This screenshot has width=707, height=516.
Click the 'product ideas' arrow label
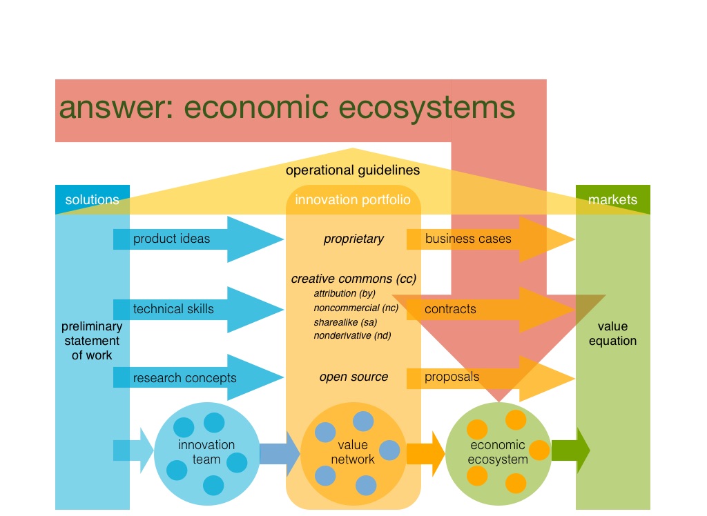[171, 239]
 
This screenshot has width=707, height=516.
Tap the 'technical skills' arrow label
[173, 308]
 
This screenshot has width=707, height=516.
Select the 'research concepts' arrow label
[184, 377]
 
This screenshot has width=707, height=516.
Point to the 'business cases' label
[468, 239]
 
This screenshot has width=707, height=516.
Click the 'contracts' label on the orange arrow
[450, 308]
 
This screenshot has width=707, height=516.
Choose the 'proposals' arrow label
[452, 377]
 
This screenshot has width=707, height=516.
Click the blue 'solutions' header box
[92, 200]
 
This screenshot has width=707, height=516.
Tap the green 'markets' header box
[612, 200]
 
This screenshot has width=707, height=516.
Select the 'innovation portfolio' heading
[353, 200]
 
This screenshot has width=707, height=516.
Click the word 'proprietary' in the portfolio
[353, 239]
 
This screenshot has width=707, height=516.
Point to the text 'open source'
[353, 377]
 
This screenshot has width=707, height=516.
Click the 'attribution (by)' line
[344, 293]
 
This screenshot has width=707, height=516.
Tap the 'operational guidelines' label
[353, 170]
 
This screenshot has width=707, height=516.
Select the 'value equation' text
[612, 334]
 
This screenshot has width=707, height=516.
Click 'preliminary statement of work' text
[92, 341]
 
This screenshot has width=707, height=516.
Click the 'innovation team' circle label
[206, 452]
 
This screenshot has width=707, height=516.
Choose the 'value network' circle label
[353, 452]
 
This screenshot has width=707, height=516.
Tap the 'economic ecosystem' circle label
[498, 452]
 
